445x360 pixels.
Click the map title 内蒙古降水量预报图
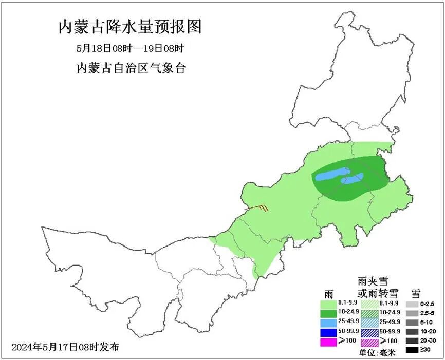(129, 27)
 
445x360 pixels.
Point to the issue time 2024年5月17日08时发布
(65, 347)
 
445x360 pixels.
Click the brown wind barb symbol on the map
(259, 208)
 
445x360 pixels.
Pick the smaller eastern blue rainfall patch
(353, 179)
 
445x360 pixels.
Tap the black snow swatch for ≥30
(412, 350)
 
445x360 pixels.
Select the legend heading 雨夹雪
(373, 281)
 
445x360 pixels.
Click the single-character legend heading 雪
(416, 294)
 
